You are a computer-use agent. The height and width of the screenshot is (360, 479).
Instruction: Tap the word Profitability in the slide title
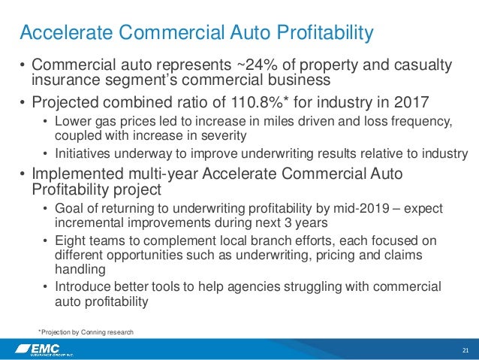[323, 32]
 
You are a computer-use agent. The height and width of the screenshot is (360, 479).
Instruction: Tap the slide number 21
[465, 349]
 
